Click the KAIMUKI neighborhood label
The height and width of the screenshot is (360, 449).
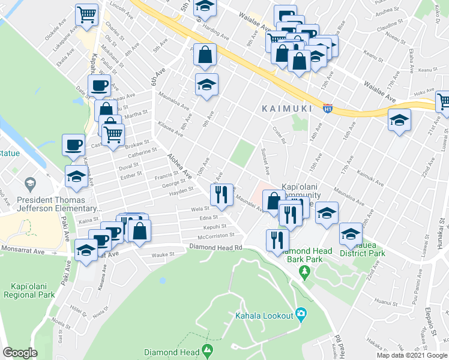[x=287, y=109]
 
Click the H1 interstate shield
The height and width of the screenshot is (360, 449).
[x=328, y=109]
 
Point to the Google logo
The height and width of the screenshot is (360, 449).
[x=20, y=353]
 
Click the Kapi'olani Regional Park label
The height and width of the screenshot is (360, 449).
[x=29, y=290]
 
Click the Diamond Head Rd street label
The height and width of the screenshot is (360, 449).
[x=215, y=247]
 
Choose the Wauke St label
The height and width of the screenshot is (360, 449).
[x=162, y=254]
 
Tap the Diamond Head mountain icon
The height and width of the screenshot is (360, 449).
[x=208, y=349]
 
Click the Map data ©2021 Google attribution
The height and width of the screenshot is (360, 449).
[x=412, y=355]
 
